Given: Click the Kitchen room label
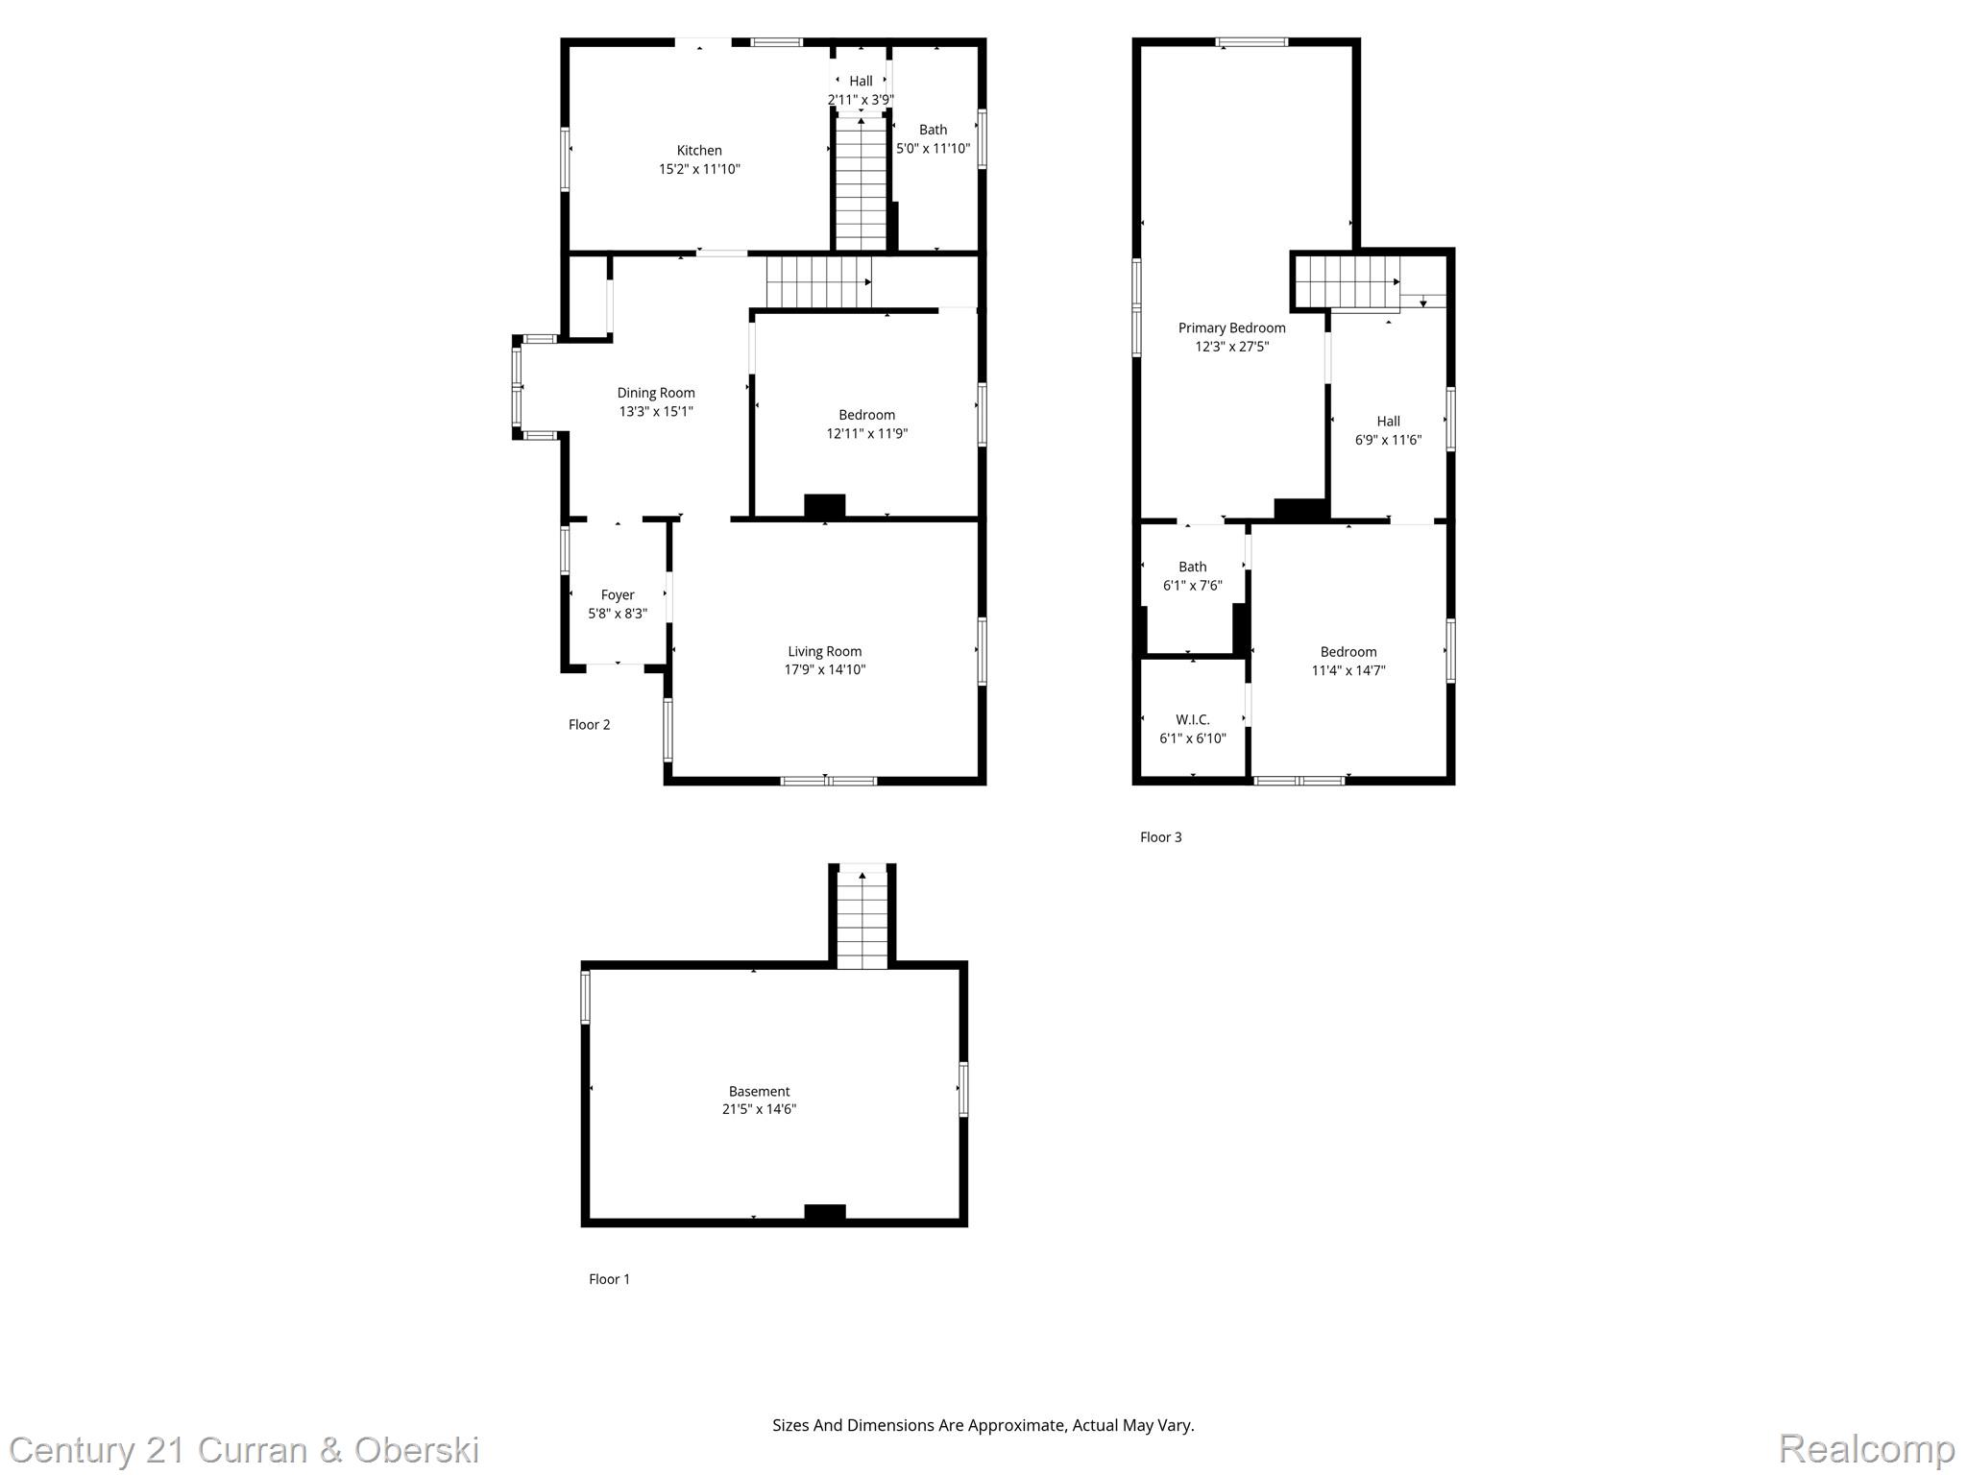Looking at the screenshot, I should tap(699, 150).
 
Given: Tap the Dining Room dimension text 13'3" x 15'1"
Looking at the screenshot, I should tap(656, 411).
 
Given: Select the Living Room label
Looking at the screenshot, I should tap(824, 651).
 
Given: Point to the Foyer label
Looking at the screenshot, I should tap(618, 594).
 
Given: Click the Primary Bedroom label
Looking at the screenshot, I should tap(1231, 327).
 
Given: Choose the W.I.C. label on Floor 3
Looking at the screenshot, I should tap(1192, 719).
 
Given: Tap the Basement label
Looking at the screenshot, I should tap(759, 1091).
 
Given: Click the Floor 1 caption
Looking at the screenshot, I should tap(609, 1278).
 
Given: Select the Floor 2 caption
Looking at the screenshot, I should tap(589, 724).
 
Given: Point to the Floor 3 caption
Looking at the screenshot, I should tap(1160, 836).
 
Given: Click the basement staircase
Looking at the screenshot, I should tap(862, 919).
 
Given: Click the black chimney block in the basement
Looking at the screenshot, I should tap(824, 1213).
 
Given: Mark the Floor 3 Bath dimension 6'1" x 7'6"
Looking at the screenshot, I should tap(1192, 585).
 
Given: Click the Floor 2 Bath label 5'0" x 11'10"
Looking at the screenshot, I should tap(933, 139).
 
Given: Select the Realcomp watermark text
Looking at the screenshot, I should tap(1866, 1448).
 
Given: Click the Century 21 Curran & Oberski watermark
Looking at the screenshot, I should tap(244, 1450).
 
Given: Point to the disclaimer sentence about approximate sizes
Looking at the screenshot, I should tap(983, 1425).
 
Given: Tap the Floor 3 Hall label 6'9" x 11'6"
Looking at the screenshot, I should tap(1388, 430).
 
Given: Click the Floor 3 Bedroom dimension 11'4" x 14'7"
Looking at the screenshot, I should tap(1348, 670).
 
